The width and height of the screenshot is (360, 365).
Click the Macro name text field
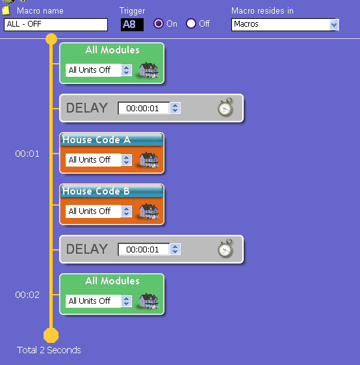click(56, 25)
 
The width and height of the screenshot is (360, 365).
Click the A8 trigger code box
click(132, 25)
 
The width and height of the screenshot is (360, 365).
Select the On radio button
click(159, 23)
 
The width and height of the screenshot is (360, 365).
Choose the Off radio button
click(191, 23)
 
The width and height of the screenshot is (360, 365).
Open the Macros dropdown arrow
click(334, 25)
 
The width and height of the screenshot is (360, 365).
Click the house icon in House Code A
click(149, 159)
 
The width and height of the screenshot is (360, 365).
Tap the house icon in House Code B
click(149, 211)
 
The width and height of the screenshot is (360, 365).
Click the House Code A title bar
click(112, 140)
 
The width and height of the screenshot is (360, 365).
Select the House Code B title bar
click(112, 191)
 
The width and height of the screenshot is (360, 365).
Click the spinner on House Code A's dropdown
click(126, 160)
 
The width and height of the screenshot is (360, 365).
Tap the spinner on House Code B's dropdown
click(126, 211)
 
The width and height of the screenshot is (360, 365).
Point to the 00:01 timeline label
click(27, 154)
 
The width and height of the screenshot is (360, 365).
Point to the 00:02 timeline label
click(27, 295)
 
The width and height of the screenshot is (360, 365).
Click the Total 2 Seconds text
click(49, 350)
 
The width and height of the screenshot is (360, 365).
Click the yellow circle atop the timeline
click(51, 39)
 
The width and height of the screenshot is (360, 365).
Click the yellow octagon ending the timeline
click(51, 335)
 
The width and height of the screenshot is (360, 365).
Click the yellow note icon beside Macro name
click(6, 10)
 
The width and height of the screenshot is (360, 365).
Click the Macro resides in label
click(263, 10)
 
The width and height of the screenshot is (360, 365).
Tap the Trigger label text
click(132, 11)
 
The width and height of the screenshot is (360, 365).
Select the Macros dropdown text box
click(281, 25)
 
